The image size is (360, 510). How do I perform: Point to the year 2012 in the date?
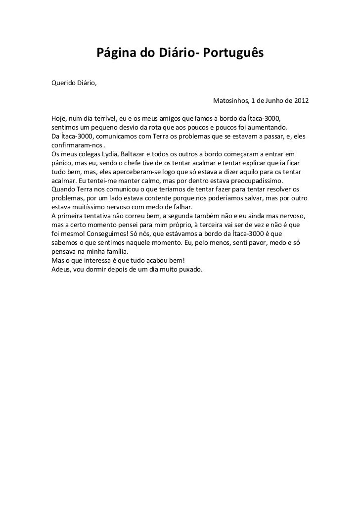[300, 101]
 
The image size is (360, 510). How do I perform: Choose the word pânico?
[62, 163]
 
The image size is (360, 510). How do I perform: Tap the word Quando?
[63, 190]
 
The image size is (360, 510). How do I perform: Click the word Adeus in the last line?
[61, 270]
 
